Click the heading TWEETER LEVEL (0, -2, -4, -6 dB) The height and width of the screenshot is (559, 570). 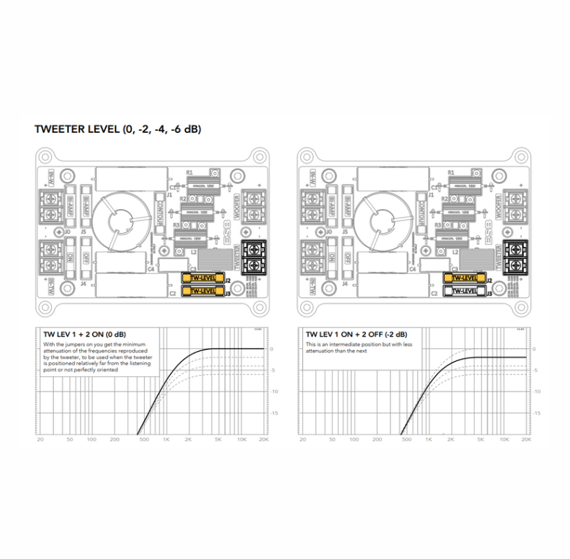click(117, 129)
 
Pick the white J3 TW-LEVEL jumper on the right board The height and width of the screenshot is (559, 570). click(464, 290)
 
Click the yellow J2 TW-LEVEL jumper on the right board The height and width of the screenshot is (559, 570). click(464, 278)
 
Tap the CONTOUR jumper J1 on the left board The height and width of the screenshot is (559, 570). click(159, 208)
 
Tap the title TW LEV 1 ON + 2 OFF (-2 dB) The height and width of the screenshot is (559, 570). click(355, 334)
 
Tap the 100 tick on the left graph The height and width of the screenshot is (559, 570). click(92, 440)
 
